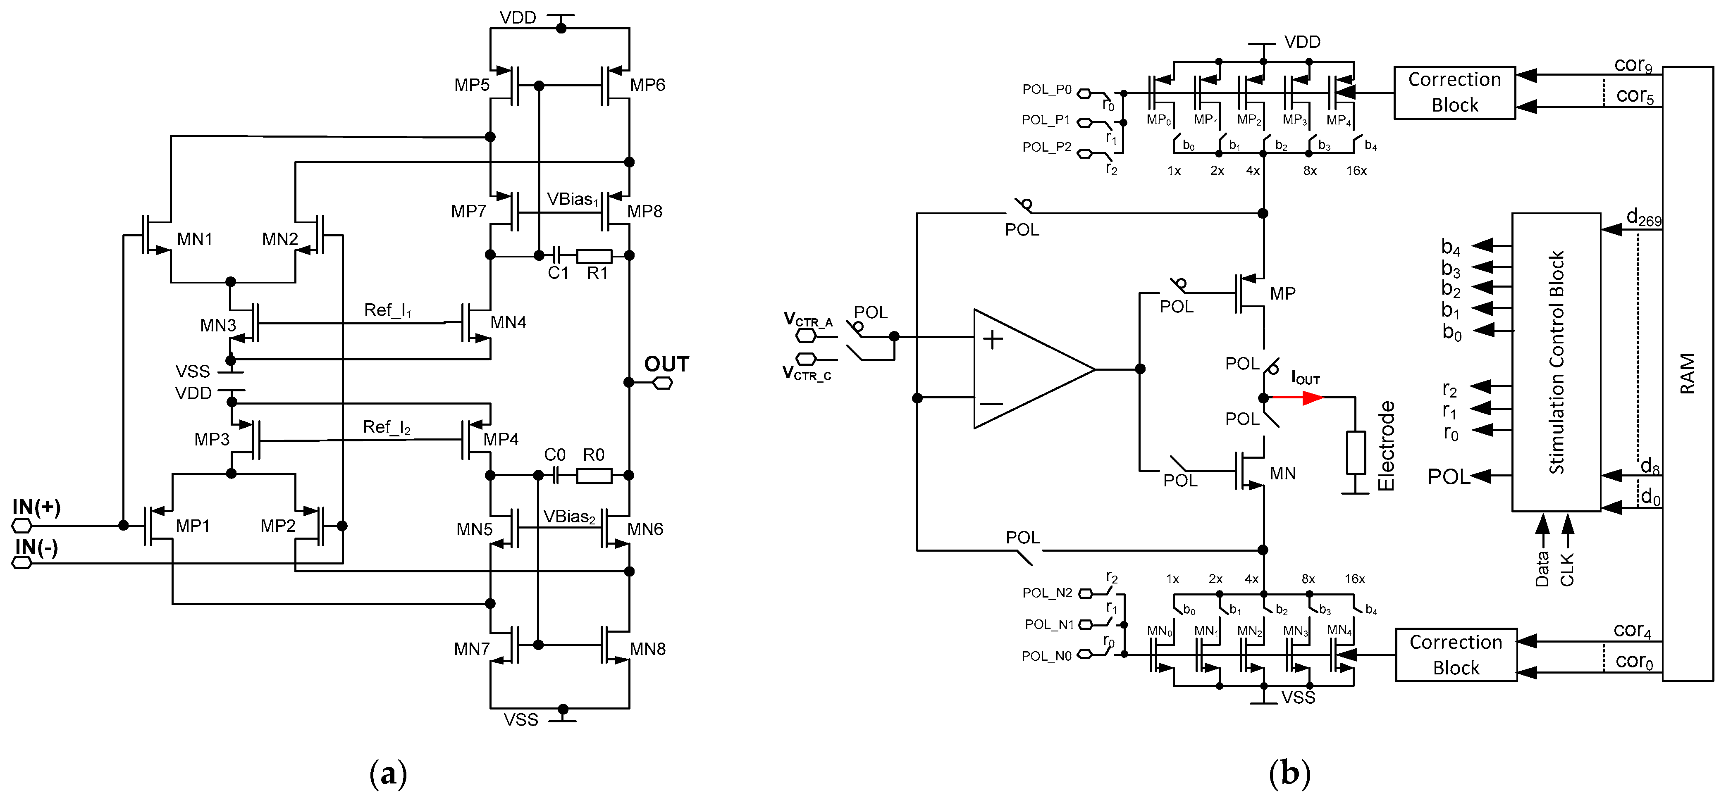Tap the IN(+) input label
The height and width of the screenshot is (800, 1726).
tap(36, 507)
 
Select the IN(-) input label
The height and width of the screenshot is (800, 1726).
tap(36, 548)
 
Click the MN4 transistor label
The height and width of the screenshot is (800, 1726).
tap(508, 323)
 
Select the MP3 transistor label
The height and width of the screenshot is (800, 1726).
tap(212, 440)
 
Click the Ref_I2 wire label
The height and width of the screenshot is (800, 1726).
tap(387, 427)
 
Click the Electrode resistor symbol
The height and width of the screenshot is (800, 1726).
tap(1356, 453)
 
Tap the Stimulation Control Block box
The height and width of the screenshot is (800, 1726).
tap(1556, 362)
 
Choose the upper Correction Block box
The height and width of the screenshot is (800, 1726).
tap(1454, 93)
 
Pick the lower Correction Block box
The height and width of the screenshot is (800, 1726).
tap(1455, 655)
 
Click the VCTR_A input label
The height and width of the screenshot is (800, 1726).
tap(808, 319)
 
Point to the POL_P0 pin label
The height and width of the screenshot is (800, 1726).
tap(1047, 90)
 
